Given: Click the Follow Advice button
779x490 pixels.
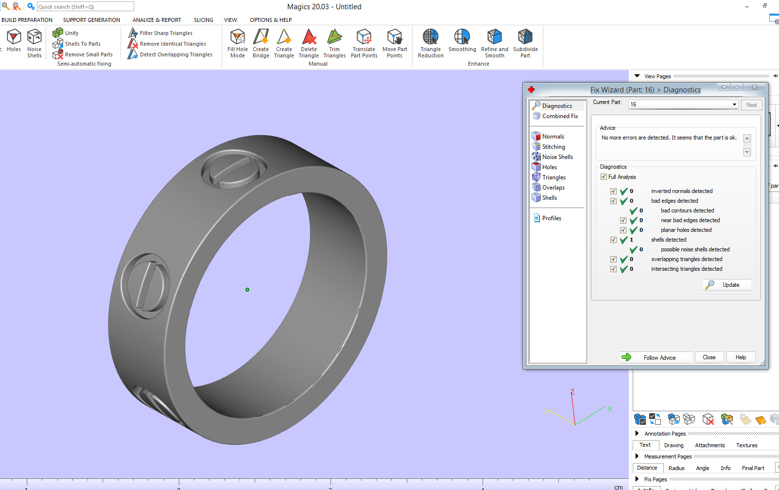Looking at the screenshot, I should coord(656,357).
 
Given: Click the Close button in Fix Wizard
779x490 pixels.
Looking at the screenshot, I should coord(709,357).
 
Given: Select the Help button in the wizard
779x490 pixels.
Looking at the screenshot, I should coord(741,357).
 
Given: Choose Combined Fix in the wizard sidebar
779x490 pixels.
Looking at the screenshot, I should coord(560,116).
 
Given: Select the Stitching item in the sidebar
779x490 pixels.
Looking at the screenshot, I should coord(554,147).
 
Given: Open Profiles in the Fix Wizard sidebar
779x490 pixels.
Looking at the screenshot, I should coord(552,218).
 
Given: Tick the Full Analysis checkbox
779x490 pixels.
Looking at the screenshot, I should coord(604,177).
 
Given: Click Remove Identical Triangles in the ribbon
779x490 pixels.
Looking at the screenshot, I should coord(173,44).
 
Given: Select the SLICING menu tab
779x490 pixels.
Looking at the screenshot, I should coord(203,20).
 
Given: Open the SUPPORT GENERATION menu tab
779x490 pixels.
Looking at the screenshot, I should coord(91,20).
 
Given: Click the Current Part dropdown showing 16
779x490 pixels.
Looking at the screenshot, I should coord(683,105).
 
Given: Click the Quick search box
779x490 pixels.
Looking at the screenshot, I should coord(85,7).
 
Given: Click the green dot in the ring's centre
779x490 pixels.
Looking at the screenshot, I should coord(247,290).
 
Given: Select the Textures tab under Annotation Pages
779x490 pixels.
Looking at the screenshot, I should coord(746,445).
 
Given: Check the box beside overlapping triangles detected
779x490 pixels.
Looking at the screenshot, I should coord(613,260).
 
